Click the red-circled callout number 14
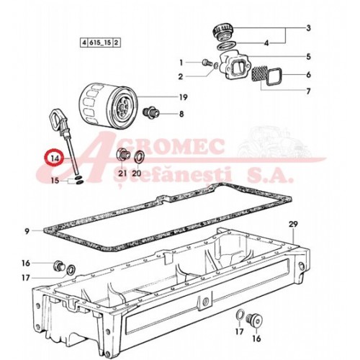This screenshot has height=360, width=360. click(55, 159)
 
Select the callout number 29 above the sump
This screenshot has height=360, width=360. click(293, 225)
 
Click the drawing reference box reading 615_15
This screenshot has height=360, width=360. click(100, 43)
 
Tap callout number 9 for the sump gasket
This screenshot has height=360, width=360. click(27, 232)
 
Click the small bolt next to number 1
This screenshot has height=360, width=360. click(206, 63)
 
